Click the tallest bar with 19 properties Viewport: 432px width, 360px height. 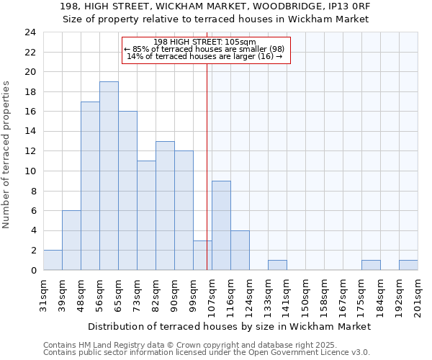[109, 176]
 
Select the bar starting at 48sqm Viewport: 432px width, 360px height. [90, 186]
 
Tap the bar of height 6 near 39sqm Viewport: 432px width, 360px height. [71, 240]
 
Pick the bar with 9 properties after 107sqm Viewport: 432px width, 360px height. [221, 225]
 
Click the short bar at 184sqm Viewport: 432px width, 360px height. [371, 265]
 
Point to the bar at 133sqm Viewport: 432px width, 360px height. [277, 265]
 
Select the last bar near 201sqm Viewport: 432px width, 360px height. [408, 265]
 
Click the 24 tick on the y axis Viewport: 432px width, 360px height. [30, 32]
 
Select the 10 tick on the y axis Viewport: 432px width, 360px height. [30, 171]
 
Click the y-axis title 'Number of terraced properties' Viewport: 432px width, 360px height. [7, 155]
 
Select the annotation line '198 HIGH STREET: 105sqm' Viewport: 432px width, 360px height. [205, 42]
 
